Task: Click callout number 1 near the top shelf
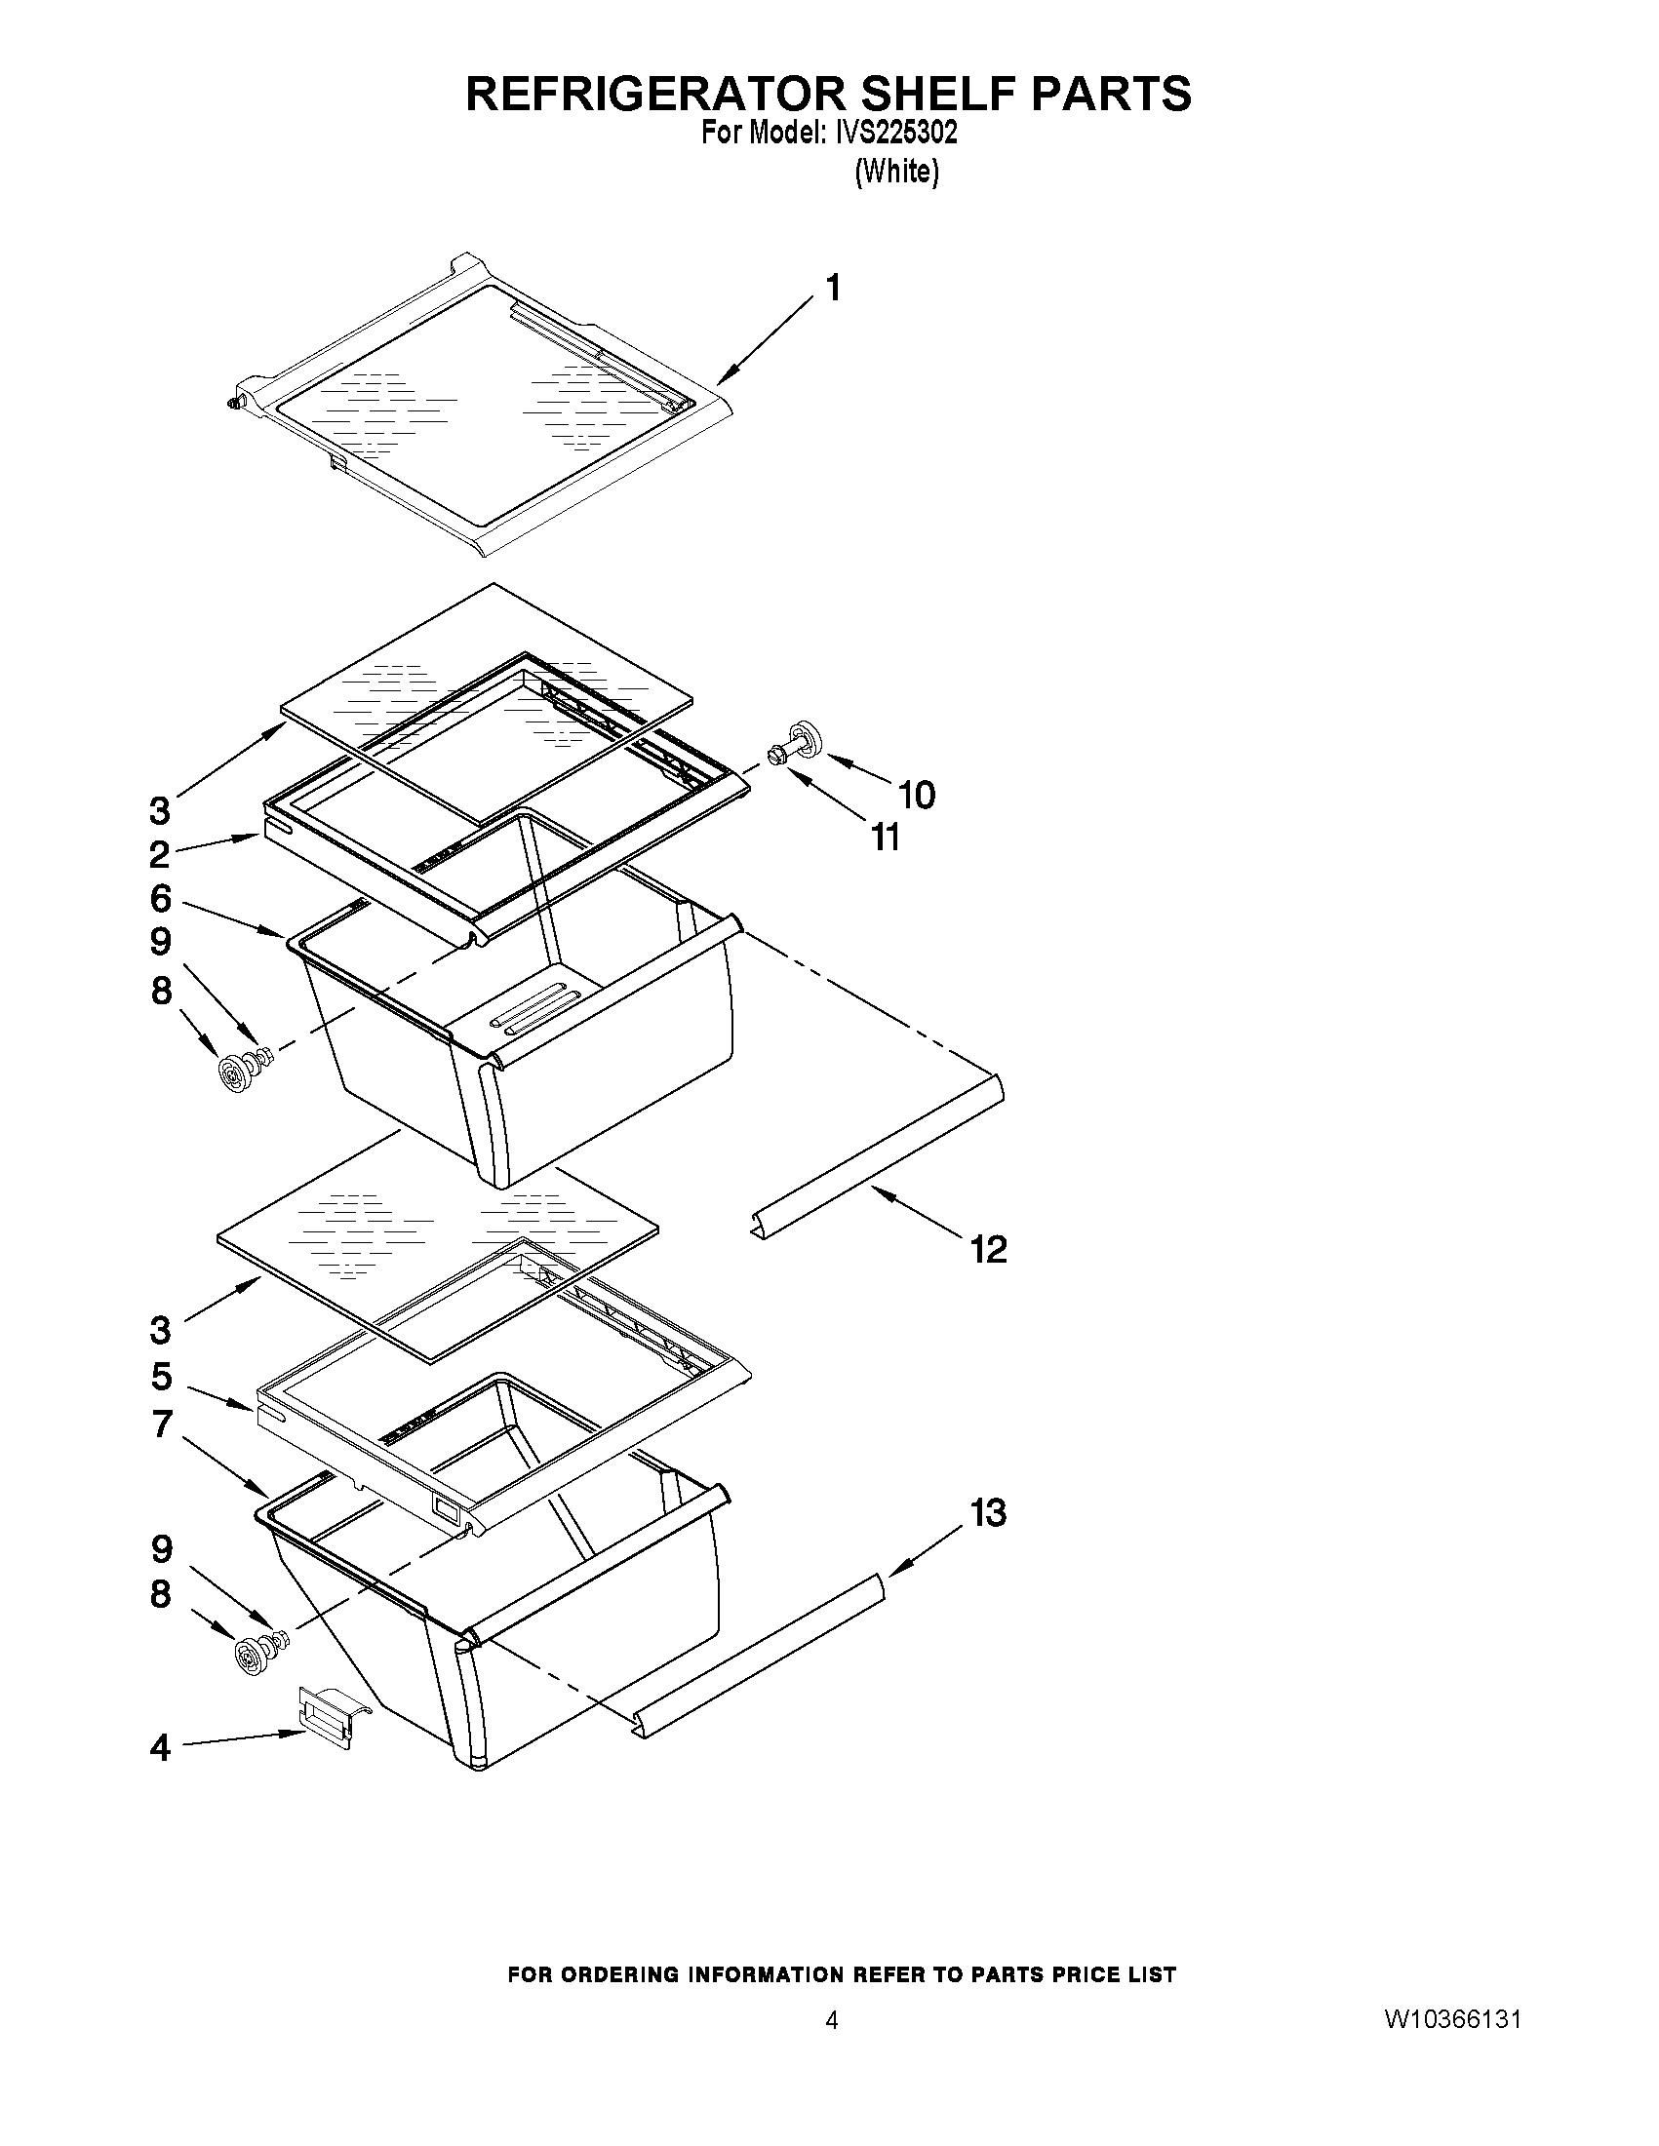833,289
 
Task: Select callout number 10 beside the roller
916,795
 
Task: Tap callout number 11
885,838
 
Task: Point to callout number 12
988,1250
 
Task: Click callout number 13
989,1512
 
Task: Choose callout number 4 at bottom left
160,1748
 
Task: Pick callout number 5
161,1377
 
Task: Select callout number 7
161,1424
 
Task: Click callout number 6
161,898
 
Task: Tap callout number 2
159,854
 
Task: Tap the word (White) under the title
896,172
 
